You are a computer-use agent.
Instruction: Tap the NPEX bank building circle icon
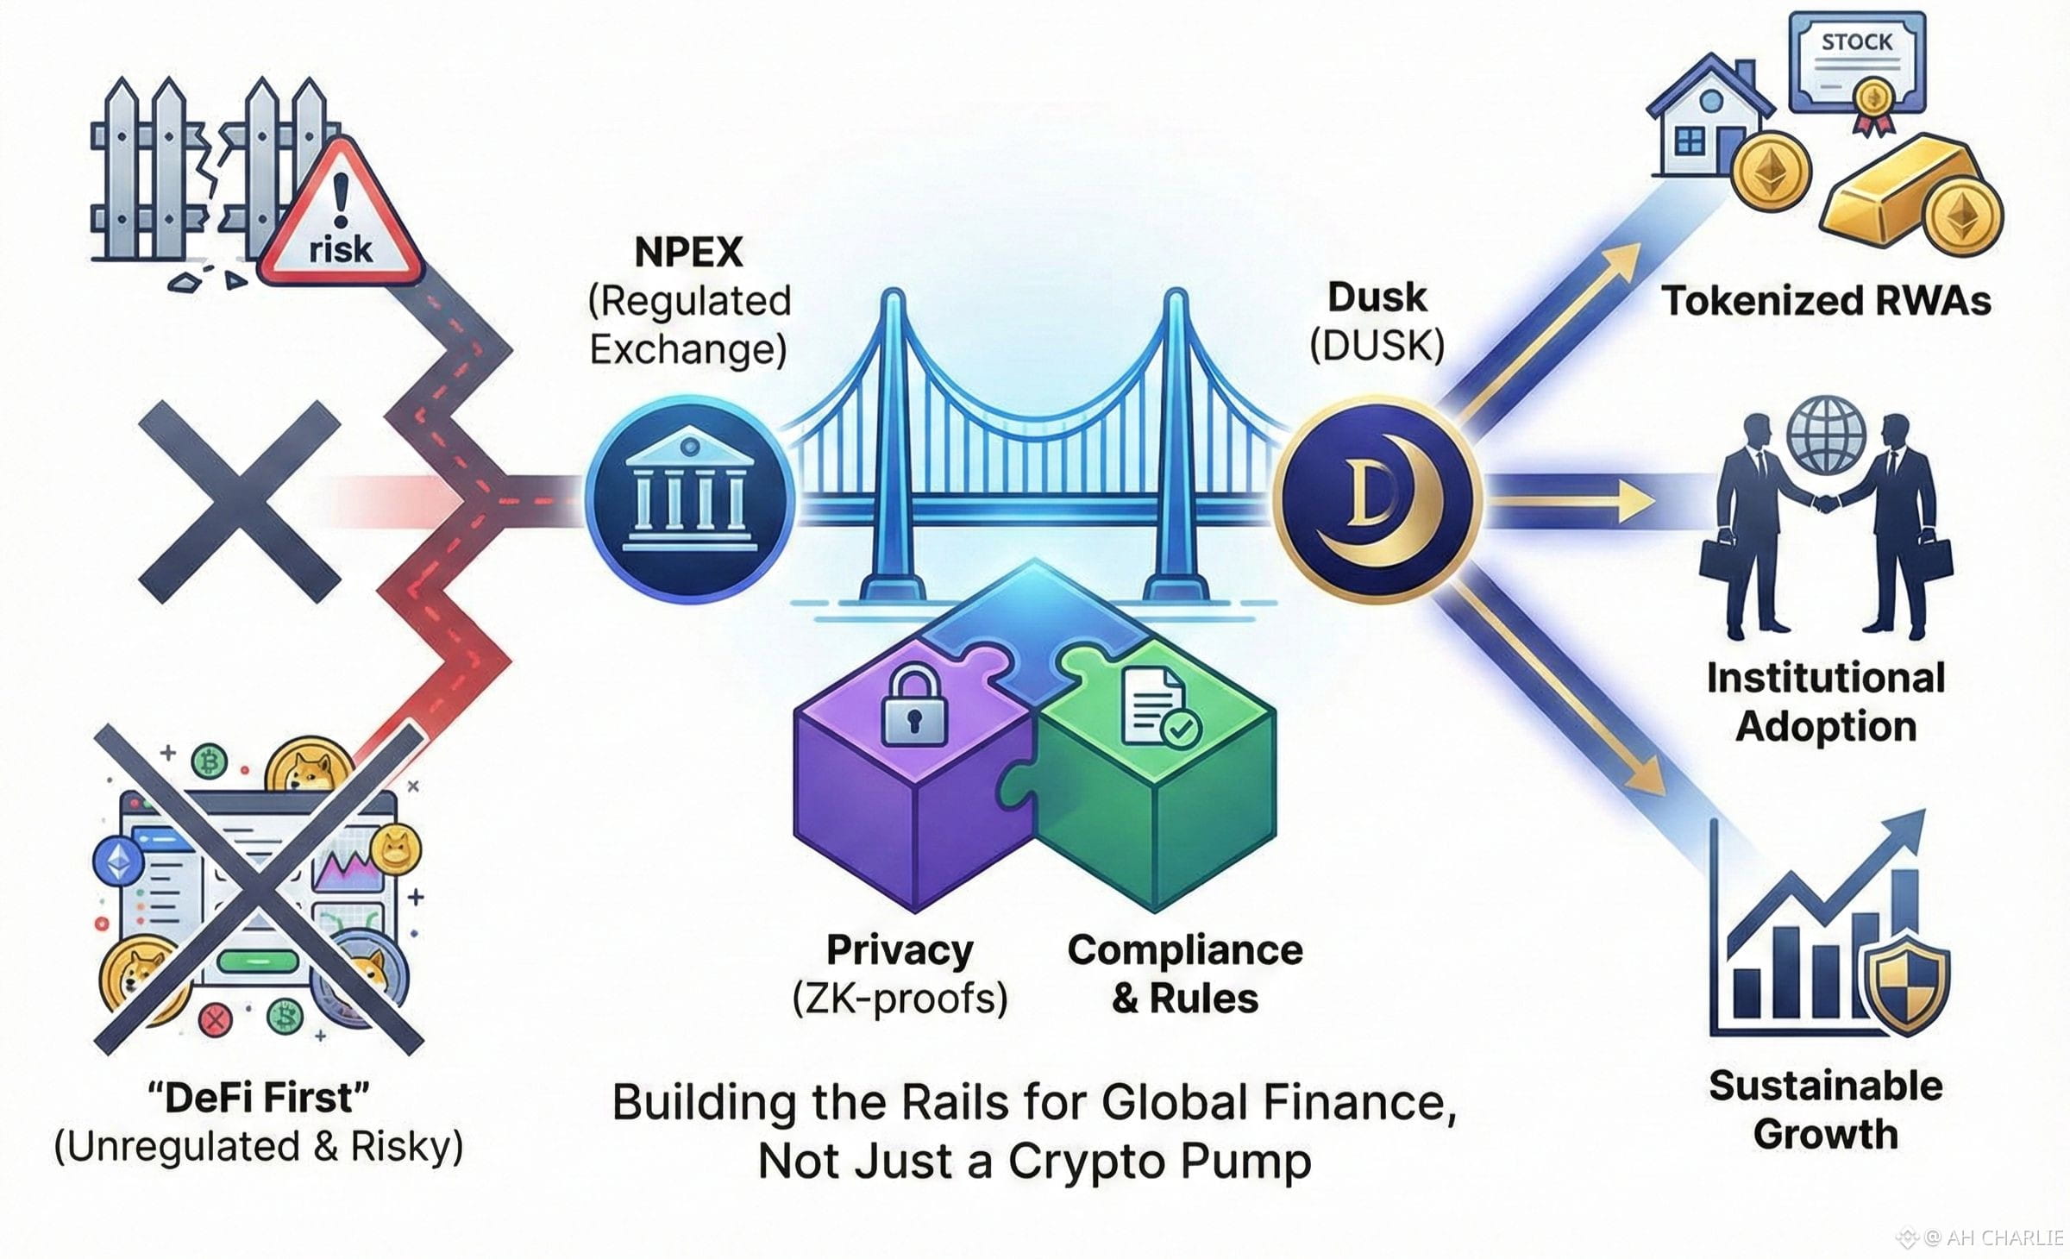click(688, 498)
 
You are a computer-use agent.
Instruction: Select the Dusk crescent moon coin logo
click(1377, 498)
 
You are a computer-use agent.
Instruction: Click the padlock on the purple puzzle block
click(913, 705)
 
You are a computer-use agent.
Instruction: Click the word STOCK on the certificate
click(1856, 41)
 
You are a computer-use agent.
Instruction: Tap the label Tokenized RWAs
click(1826, 301)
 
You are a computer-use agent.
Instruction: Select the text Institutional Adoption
click(1826, 701)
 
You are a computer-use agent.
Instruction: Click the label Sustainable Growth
click(1826, 1109)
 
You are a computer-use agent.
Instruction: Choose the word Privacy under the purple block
click(900, 949)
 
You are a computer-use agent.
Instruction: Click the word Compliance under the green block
click(1185, 949)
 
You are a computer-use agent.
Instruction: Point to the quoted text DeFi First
click(259, 1098)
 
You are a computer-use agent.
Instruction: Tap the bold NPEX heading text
click(688, 252)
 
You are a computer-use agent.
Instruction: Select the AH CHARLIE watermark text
click(1992, 1237)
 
